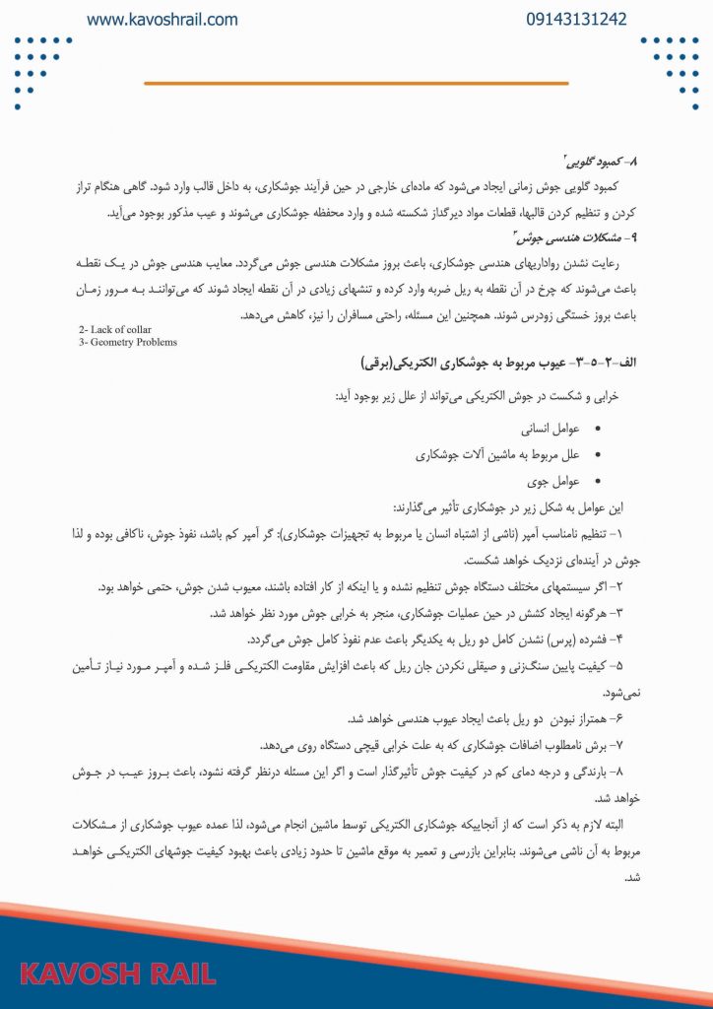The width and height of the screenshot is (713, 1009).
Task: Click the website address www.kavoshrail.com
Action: click(162, 20)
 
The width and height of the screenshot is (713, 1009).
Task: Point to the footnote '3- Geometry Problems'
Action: click(128, 342)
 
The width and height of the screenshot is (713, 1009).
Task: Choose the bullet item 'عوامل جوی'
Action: click(558, 481)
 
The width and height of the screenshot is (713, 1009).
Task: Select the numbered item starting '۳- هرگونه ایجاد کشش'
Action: click(423, 613)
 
